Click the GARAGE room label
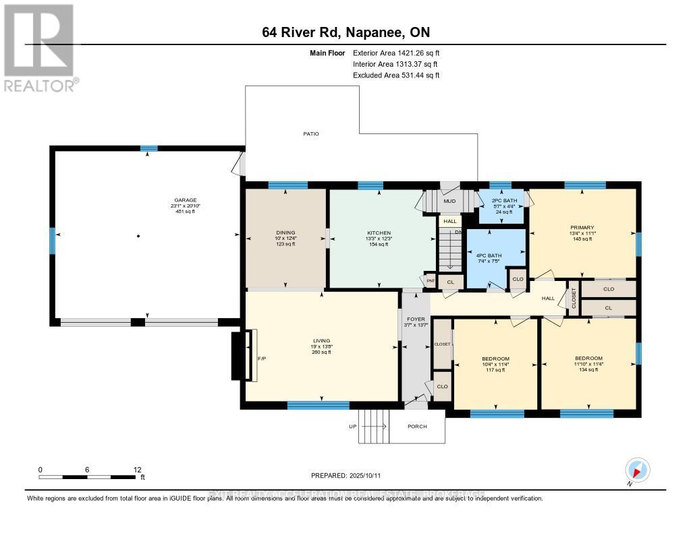(186, 200)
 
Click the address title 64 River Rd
(345, 32)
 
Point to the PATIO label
(310, 134)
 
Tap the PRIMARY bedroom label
(582, 228)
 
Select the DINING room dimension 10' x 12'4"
(285, 239)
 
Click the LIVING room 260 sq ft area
(321, 352)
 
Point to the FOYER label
(416, 319)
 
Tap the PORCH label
(418, 426)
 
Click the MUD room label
(450, 201)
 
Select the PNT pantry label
(430, 280)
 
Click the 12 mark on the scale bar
(137, 470)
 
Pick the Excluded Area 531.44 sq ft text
(395, 75)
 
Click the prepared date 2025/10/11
(345, 475)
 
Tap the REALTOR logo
(40, 47)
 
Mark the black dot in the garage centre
(138, 236)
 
